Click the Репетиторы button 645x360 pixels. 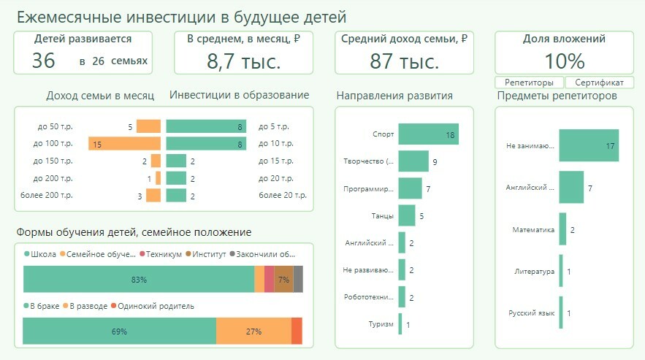[x=530, y=83]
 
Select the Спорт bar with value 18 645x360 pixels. [x=428, y=134]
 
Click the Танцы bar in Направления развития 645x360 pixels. [x=407, y=215]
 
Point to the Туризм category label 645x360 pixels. [x=383, y=324]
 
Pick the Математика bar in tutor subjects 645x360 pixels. [x=562, y=230]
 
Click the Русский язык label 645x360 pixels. [x=531, y=313]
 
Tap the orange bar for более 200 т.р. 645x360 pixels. [x=153, y=195]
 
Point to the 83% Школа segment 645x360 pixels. [x=139, y=280]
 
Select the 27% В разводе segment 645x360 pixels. [x=253, y=332]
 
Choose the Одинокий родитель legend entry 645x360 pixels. [x=156, y=306]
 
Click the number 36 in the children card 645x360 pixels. [x=44, y=61]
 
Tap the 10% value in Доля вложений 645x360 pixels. [x=565, y=61]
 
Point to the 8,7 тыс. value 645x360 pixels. [x=244, y=61]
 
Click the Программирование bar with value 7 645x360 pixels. [x=410, y=188]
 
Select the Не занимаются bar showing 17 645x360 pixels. [x=589, y=145]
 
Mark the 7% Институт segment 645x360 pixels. [x=283, y=280]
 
